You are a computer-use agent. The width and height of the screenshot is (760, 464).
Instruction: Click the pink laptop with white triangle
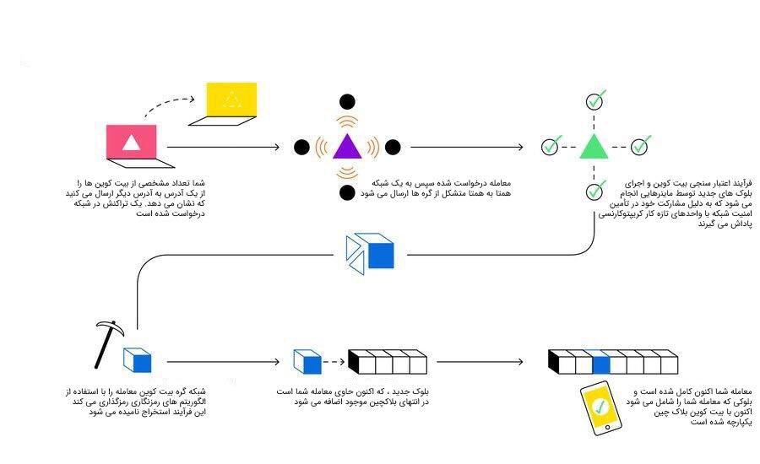coord(132,143)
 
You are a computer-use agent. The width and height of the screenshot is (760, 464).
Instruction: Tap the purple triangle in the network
coord(346,147)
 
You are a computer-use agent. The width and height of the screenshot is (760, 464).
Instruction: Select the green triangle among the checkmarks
coord(594,147)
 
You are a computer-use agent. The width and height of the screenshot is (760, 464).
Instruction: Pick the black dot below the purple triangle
coord(346,192)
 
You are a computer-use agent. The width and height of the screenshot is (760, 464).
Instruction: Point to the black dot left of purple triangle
coord(301,148)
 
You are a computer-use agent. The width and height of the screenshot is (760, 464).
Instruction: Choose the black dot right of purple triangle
coord(392,148)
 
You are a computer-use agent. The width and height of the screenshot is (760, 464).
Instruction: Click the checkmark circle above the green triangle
coord(594,101)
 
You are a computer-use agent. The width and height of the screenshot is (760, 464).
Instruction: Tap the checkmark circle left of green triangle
coord(551,147)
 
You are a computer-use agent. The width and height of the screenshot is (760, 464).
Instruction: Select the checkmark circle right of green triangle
coord(640,147)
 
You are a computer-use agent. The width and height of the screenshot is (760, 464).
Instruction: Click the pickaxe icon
coord(108,342)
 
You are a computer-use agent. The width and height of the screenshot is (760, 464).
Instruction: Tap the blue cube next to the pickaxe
coord(138,361)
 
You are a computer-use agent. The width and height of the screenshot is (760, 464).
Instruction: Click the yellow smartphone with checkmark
coord(600,408)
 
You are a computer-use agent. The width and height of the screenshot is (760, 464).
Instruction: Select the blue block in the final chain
coord(600,364)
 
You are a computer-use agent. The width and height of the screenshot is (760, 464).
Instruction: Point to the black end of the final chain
coord(553,362)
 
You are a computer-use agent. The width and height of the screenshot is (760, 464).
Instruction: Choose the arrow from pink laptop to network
coord(224,148)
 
